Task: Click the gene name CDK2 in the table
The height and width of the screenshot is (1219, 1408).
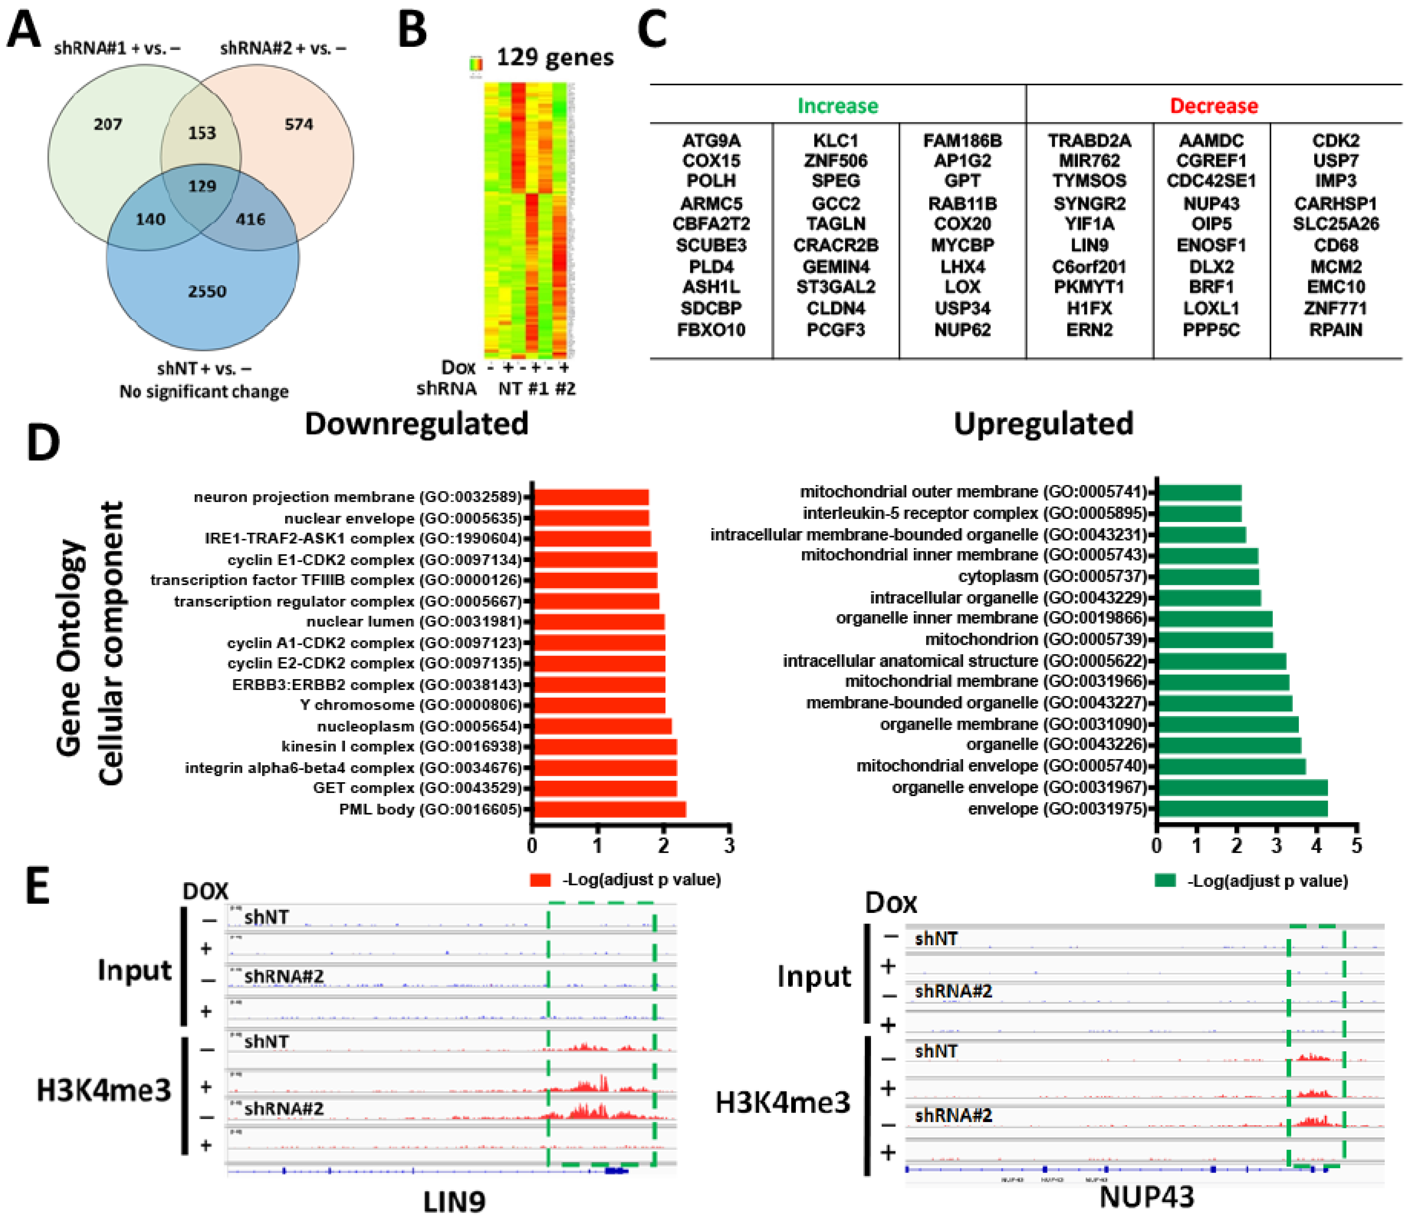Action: (x=1335, y=141)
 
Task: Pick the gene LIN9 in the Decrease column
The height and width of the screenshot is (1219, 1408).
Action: (x=1089, y=245)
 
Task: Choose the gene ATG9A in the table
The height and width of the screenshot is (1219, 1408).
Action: (x=711, y=141)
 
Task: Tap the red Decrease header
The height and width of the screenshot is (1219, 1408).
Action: (x=1214, y=106)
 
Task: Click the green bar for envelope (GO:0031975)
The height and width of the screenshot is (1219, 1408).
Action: (x=1242, y=809)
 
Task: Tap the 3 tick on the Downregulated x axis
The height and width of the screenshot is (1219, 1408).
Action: (x=729, y=845)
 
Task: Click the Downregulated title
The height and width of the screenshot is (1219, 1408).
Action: (x=416, y=423)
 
